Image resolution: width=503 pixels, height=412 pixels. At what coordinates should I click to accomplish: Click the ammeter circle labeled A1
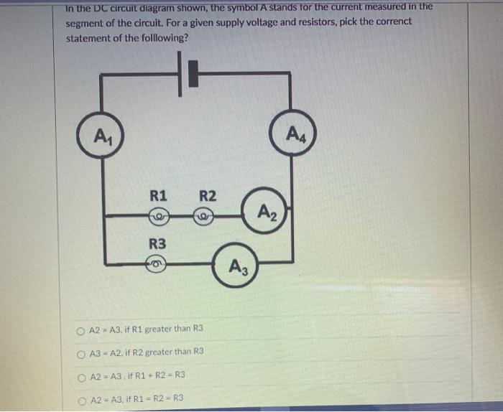[100, 134]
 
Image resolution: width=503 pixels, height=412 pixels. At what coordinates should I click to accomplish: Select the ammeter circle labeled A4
[291, 134]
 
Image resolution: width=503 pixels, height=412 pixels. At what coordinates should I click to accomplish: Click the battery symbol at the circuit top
[188, 72]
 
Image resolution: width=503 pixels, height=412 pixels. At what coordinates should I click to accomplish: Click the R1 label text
[159, 195]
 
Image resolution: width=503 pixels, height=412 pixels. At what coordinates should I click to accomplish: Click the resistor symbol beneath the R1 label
[159, 214]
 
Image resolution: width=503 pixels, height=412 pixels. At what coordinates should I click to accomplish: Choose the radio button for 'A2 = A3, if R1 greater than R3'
[80, 329]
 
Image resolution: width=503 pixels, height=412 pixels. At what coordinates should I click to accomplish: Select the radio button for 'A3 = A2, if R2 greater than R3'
[80, 353]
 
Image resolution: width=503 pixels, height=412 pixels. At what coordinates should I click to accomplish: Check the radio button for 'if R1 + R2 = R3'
[80, 375]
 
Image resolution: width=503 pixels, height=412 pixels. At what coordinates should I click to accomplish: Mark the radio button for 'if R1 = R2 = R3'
[80, 398]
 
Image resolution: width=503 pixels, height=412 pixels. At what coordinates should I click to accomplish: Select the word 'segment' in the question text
[86, 22]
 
